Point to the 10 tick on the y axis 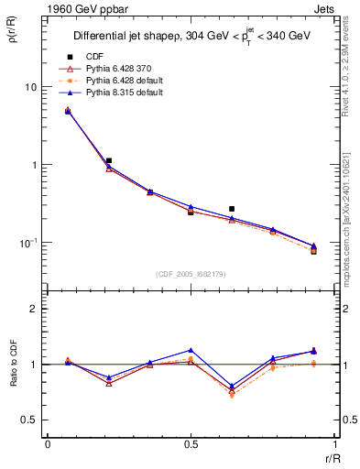tap(29, 87)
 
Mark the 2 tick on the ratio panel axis tap(34, 310)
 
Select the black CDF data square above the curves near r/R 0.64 tap(232, 209)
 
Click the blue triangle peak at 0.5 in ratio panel tap(191, 350)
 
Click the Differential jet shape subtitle tap(190, 37)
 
